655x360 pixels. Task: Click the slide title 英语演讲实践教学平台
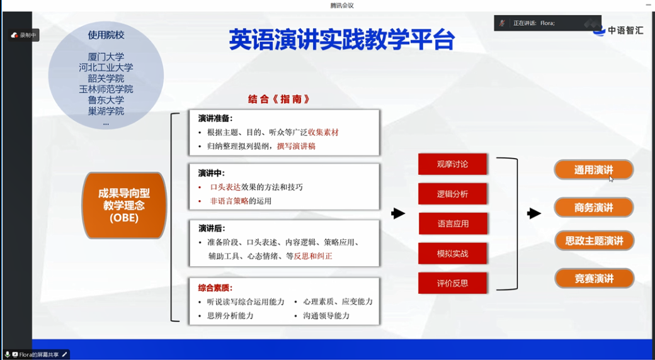(x=341, y=40)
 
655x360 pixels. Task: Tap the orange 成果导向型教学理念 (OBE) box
(x=124, y=205)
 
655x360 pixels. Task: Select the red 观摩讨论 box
(x=452, y=164)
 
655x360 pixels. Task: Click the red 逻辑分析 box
(x=452, y=194)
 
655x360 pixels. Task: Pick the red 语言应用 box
(x=453, y=223)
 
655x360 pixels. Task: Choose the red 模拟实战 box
(x=453, y=254)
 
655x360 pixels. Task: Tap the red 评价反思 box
(x=453, y=283)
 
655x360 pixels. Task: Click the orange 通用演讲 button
(x=593, y=170)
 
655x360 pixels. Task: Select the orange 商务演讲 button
(x=593, y=208)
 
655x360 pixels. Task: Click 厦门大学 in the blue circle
(x=106, y=57)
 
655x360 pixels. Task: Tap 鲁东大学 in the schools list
(x=106, y=100)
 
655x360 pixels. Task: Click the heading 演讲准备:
(x=215, y=118)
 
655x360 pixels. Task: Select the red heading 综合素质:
(x=215, y=288)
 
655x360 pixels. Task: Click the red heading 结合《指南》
(x=279, y=99)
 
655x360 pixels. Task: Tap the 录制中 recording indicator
(x=25, y=35)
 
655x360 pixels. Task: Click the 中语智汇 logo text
(x=625, y=30)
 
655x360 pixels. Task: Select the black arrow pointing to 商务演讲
(x=534, y=213)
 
